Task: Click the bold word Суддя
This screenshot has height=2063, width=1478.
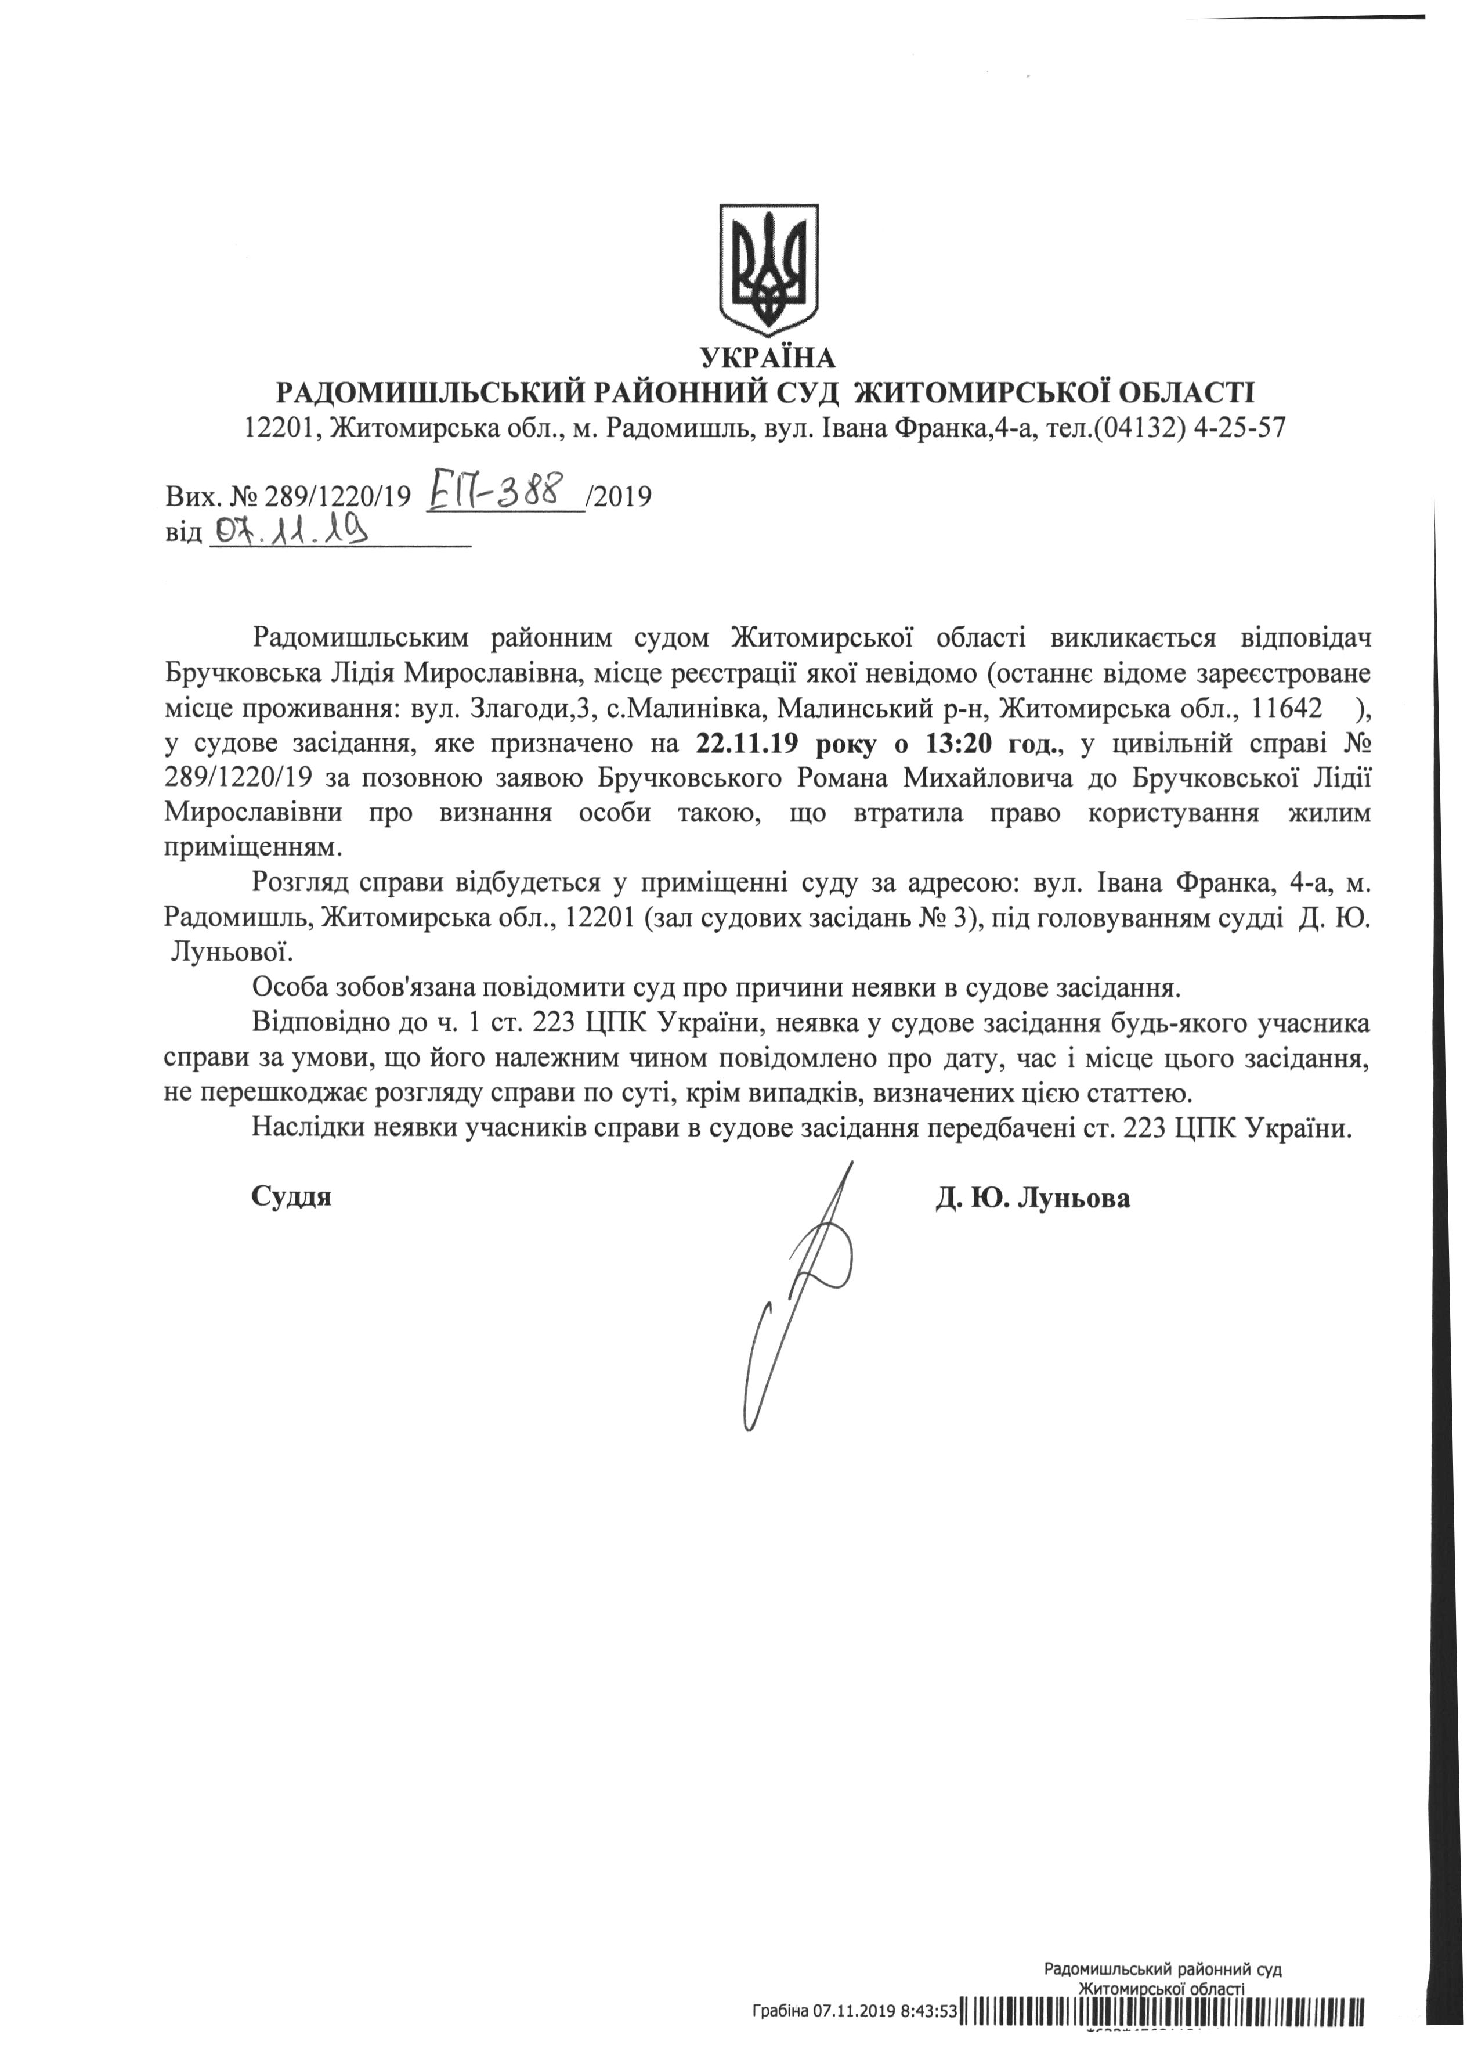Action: (291, 1196)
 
